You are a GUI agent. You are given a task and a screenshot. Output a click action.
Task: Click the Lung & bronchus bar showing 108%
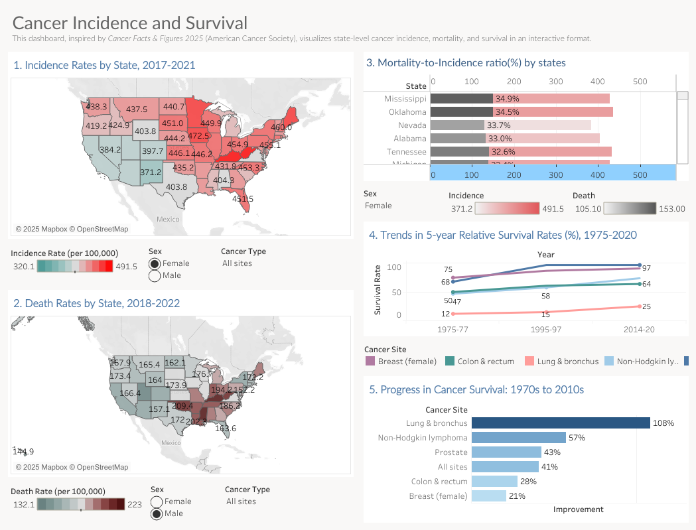(561, 423)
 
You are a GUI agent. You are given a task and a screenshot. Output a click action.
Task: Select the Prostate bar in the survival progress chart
(506, 452)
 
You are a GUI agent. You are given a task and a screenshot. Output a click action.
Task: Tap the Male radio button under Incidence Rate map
(155, 276)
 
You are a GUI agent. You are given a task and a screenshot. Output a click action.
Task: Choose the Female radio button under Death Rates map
(157, 502)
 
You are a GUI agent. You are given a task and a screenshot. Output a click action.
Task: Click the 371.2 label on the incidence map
(151, 172)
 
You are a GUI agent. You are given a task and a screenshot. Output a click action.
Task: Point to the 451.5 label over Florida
(242, 198)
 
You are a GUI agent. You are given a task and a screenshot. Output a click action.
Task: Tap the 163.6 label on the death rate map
(226, 429)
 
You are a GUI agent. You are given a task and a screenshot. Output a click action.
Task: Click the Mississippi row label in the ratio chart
(405, 99)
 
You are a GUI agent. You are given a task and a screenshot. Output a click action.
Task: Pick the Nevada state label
(412, 125)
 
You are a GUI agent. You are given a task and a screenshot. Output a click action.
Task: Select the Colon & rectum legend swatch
(449, 362)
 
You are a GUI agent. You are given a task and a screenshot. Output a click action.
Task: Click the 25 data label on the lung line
(646, 306)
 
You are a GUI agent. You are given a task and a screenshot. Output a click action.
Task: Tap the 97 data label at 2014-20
(646, 268)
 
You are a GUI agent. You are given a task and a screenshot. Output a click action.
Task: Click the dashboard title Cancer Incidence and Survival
(130, 23)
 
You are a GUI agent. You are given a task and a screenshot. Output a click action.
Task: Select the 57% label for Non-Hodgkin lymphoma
(576, 438)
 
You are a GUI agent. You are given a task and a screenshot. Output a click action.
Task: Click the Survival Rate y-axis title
(378, 290)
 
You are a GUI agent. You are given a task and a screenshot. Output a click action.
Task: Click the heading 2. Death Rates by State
(97, 303)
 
